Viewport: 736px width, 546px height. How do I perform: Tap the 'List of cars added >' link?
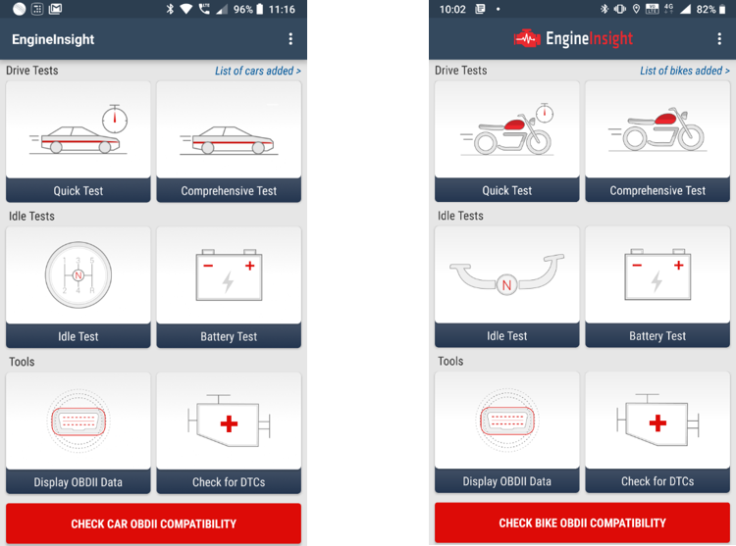(258, 71)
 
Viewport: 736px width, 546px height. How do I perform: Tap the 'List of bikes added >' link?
(685, 71)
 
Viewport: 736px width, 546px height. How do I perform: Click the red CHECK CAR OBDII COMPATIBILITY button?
(153, 523)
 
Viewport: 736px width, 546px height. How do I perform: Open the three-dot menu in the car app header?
(290, 39)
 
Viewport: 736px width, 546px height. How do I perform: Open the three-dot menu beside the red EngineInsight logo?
(719, 39)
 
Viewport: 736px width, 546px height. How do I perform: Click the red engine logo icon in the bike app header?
(527, 39)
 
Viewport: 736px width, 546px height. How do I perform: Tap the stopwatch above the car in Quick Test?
(115, 119)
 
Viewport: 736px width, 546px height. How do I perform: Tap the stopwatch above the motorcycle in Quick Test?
(545, 113)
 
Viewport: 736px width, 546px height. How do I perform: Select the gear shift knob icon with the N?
(79, 275)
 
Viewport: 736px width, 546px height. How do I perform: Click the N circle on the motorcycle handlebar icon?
(506, 285)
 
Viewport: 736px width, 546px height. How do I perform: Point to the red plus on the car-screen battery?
(249, 266)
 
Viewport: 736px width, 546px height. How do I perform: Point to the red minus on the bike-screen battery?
(637, 266)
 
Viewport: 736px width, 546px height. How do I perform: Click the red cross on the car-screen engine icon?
(229, 424)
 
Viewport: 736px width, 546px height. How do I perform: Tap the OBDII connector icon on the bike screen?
(507, 420)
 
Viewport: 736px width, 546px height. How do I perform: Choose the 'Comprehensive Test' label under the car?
(229, 191)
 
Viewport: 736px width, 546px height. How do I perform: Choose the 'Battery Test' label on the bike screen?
(657, 336)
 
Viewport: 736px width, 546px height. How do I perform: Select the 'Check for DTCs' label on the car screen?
(229, 482)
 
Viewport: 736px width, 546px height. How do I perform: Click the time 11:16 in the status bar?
(282, 10)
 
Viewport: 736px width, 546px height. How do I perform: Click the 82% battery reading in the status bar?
(706, 10)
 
